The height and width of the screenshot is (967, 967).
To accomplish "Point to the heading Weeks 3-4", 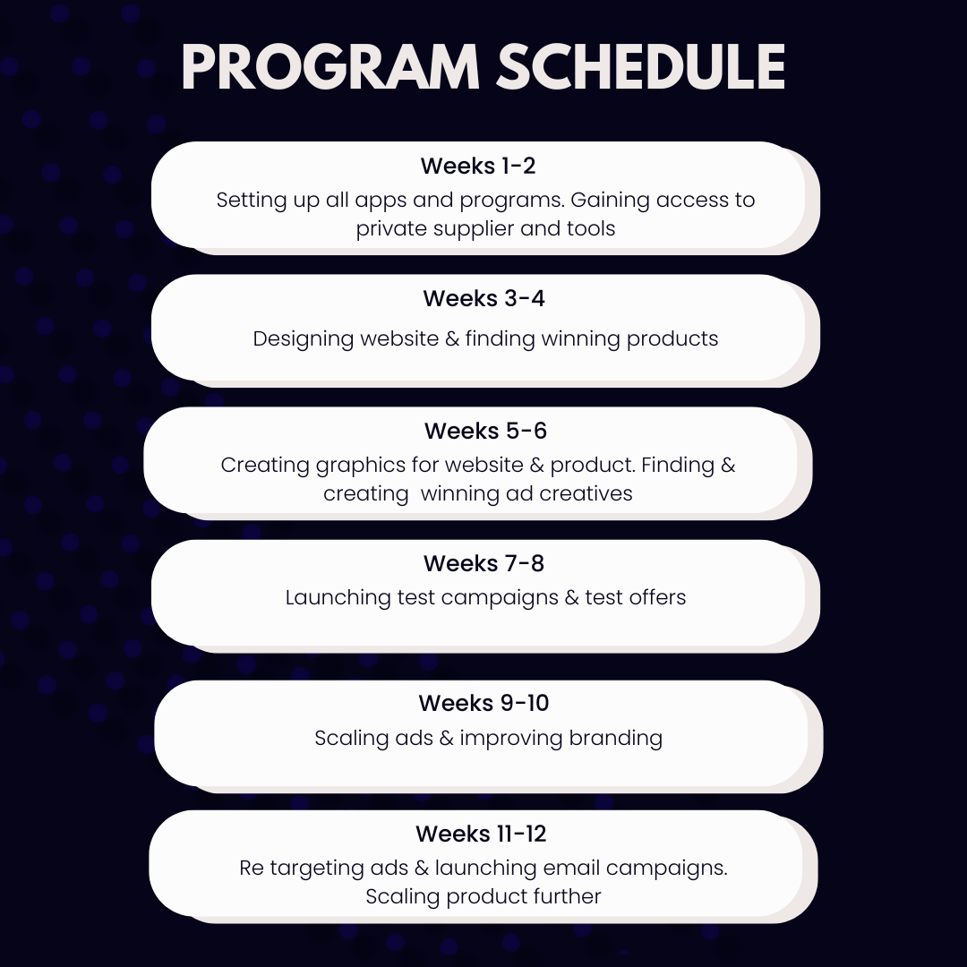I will [483, 298].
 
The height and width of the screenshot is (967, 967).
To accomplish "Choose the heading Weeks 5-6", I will [485, 431].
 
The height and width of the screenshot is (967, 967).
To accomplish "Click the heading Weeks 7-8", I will [483, 563].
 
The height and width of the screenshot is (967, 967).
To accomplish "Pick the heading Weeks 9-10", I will [483, 703].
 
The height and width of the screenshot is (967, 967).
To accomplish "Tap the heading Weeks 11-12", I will [481, 834].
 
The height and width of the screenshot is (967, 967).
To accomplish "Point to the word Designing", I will [303, 339].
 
